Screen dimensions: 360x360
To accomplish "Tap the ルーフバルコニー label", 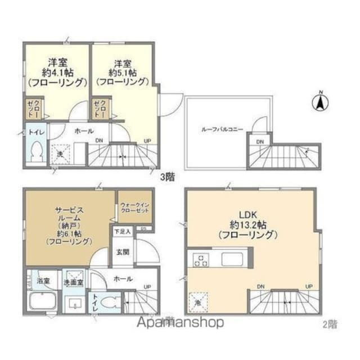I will click(223, 129).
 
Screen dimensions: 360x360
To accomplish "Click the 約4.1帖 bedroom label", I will click(57, 72).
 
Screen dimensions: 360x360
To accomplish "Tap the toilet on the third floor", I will click(37, 151).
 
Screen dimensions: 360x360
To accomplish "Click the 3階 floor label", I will click(168, 177).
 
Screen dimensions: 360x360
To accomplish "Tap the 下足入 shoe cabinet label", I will click(123, 231).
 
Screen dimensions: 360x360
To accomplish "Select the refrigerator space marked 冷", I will click(199, 301).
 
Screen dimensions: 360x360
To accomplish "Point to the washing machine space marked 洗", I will click(59, 152).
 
